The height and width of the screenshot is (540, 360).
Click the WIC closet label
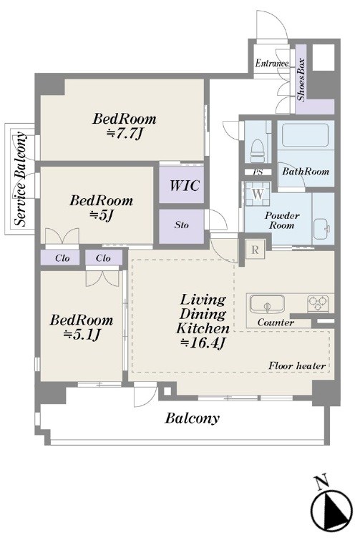pos(185,186)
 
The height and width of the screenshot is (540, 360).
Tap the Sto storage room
pos(181,225)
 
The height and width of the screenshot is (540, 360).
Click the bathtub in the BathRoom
pos(305,136)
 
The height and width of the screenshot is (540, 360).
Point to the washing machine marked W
pos(258,194)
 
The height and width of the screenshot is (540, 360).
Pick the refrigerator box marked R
pos(255,250)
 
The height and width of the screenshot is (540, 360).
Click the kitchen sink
pos(268,304)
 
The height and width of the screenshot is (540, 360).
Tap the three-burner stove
pos(318,303)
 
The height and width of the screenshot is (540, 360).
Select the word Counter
pos(276,323)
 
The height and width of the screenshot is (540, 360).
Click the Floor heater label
pos(297,365)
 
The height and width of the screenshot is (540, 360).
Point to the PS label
pos(258,172)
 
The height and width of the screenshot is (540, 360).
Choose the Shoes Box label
pos(301,80)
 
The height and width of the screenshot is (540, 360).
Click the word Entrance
pos(272,64)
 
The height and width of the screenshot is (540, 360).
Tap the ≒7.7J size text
pos(125,134)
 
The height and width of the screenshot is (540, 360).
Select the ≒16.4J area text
pos(203,343)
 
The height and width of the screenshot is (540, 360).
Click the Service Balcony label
pos(20,179)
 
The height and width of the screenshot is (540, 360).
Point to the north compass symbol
pos(332,509)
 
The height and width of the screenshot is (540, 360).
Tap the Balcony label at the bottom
pos(193,419)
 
